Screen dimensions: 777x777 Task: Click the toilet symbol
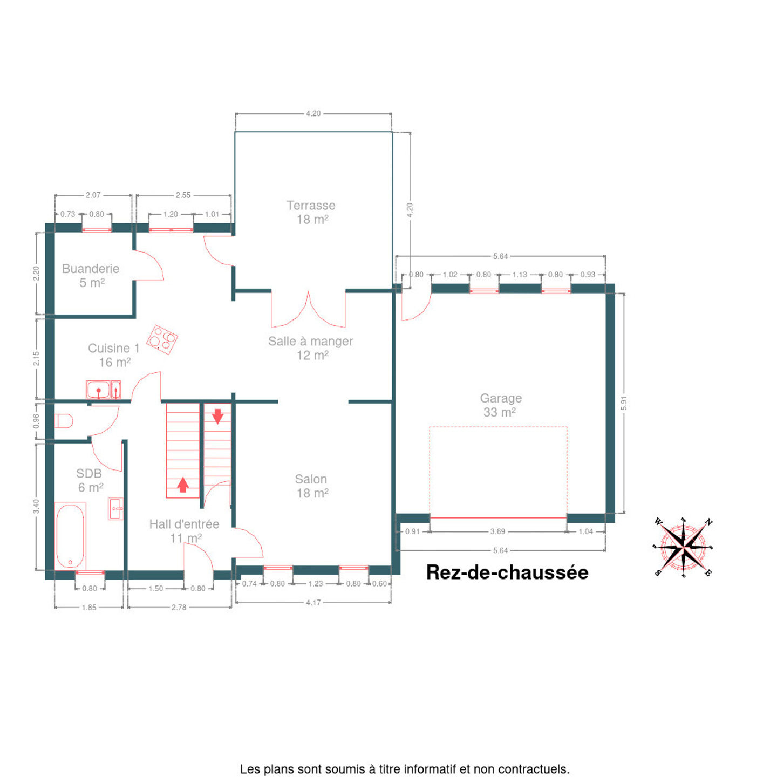point(64,421)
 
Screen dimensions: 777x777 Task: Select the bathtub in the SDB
point(70,536)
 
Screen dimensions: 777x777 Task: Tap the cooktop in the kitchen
point(162,339)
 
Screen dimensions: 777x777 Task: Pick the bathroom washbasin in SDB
point(115,508)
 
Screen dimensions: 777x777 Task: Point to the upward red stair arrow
point(183,485)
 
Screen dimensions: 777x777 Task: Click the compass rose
point(683,547)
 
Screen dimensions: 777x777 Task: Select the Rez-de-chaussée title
point(507,572)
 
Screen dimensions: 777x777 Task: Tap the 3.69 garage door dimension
point(497,531)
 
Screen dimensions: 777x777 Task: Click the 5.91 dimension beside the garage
point(624,403)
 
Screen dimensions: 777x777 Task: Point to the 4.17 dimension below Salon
point(313,602)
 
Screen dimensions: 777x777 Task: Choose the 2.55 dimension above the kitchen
point(183,195)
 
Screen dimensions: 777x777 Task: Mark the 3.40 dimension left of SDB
point(36,507)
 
